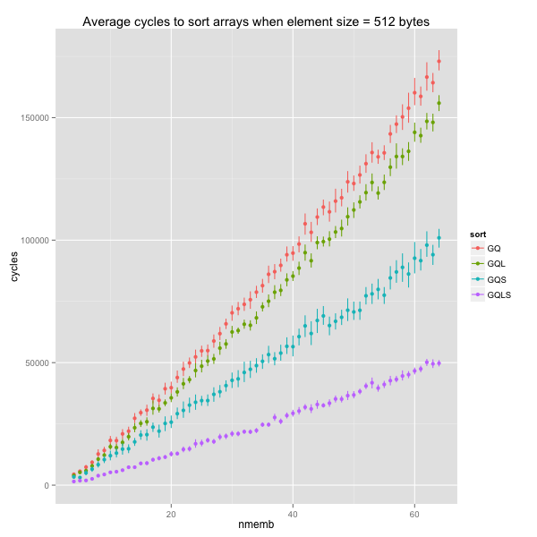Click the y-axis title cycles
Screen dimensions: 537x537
[x=14, y=266]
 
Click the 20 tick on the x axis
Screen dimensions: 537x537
[x=171, y=516]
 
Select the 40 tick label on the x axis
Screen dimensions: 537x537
[x=293, y=516]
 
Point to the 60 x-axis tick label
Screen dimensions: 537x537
[x=414, y=516]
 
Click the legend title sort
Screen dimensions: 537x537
[x=479, y=234]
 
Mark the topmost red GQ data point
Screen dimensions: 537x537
[x=439, y=61]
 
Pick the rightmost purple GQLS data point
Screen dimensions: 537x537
[x=439, y=362]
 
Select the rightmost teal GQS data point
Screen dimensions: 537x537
[x=439, y=238]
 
